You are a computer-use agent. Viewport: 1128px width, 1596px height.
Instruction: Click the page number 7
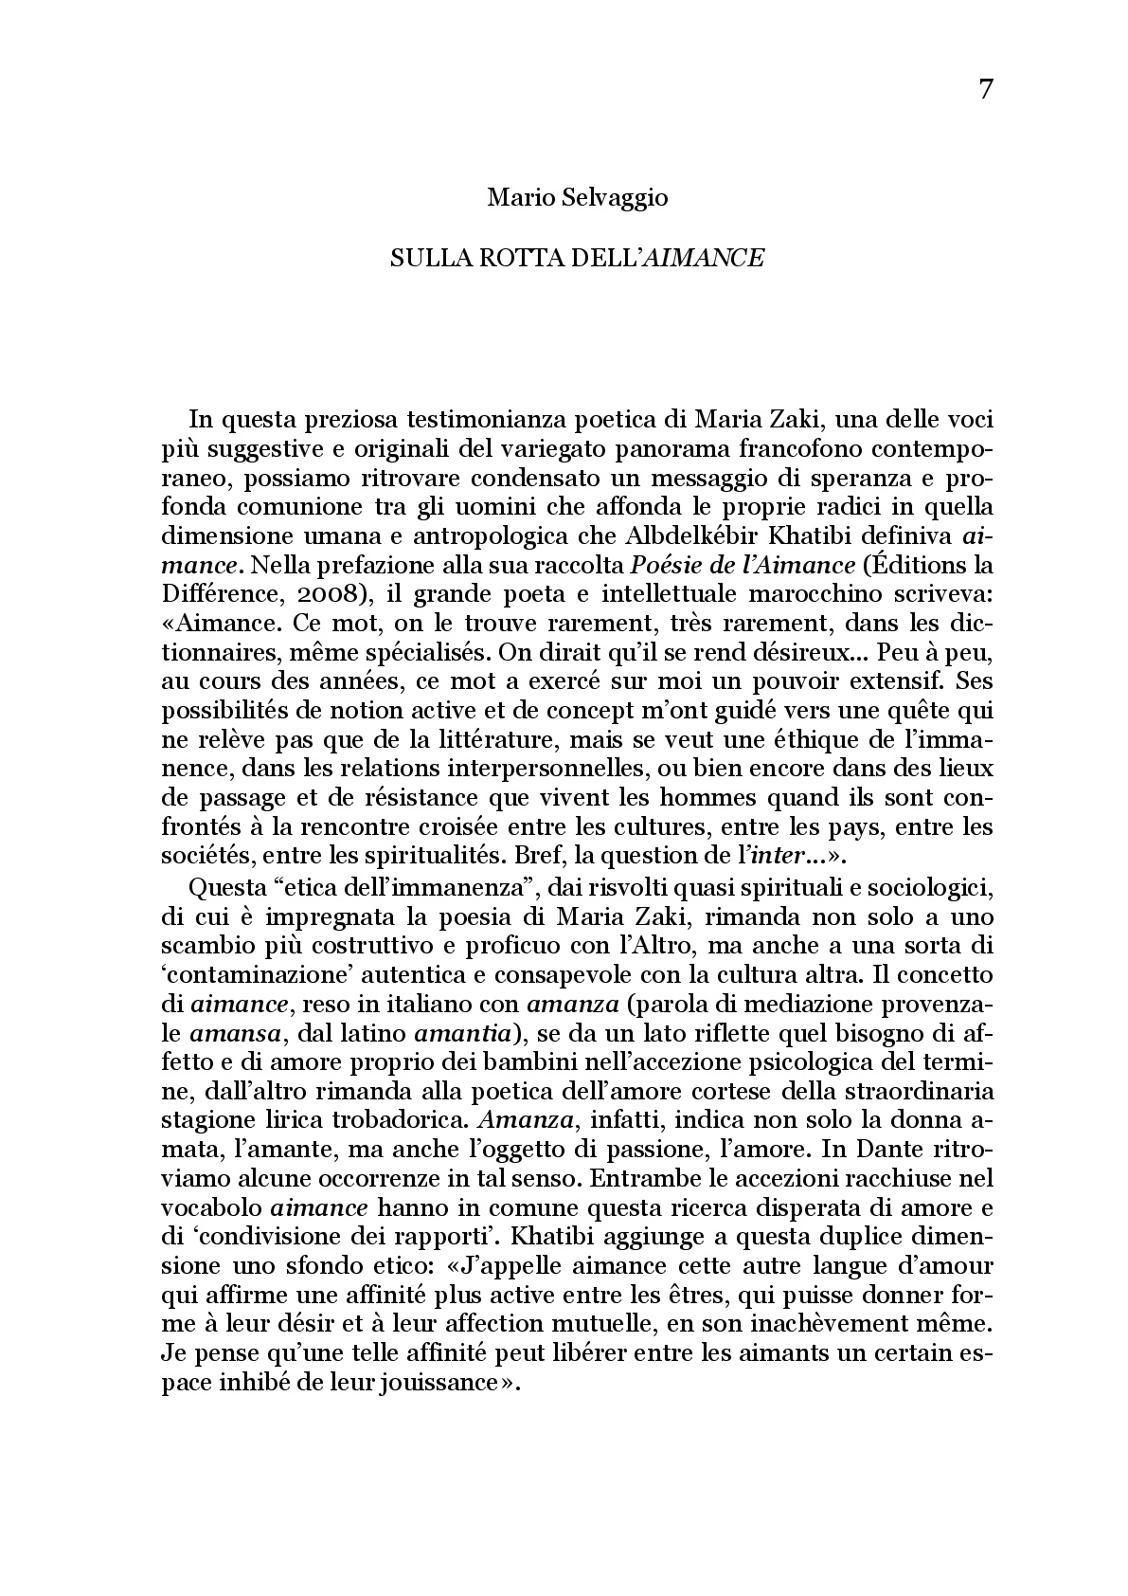coord(985,90)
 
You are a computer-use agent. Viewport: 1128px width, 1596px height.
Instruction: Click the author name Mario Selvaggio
coord(577,198)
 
